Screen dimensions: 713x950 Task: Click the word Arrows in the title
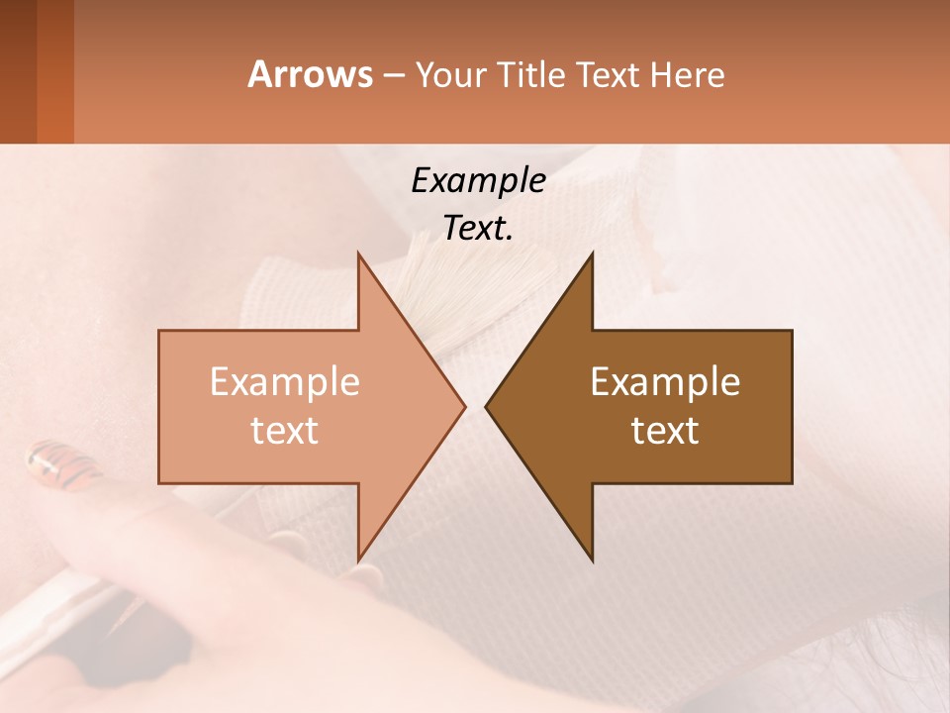click(x=310, y=75)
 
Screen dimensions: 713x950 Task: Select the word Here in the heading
click(x=687, y=75)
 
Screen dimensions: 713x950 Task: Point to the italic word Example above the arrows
click(x=478, y=181)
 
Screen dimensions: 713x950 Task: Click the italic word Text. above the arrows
click(x=478, y=229)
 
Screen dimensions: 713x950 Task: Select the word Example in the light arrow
click(x=284, y=382)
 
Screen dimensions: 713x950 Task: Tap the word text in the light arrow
click(x=284, y=431)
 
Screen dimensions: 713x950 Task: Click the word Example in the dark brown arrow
click(x=665, y=382)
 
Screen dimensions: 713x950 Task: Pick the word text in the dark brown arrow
click(x=665, y=431)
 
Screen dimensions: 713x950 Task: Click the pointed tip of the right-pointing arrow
click(x=463, y=406)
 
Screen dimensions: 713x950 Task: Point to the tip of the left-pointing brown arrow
click(x=488, y=406)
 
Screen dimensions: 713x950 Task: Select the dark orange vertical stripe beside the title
click(x=55, y=71)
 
